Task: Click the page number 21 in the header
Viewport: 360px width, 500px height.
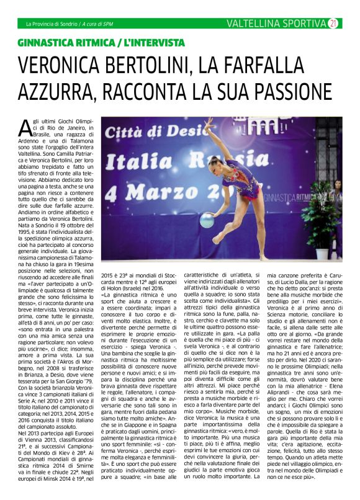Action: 333,24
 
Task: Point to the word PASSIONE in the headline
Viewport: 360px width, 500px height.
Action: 282,92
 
